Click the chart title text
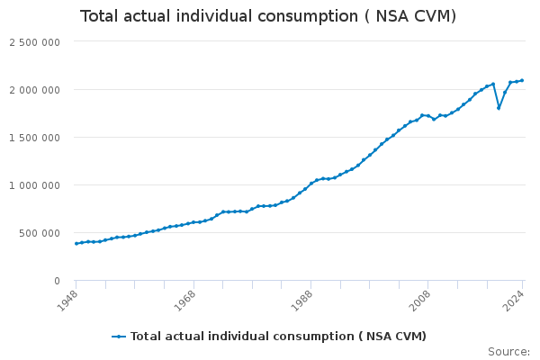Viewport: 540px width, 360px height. coord(268,17)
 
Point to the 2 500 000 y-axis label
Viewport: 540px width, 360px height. coord(34,42)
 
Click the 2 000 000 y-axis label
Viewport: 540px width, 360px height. coord(34,90)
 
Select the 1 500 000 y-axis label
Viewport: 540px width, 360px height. coord(34,138)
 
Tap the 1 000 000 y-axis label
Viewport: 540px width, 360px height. coord(34,185)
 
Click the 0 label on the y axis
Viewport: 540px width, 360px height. coord(57,281)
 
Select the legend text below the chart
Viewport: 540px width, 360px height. coord(278,337)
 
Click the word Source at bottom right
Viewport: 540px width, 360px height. coord(508,351)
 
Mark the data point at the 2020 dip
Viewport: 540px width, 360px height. coord(499,108)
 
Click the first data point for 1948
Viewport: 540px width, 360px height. coord(76,243)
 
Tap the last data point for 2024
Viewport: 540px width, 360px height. coord(522,80)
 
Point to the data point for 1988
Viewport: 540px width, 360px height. coord(311,184)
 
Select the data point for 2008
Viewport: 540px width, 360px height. coord(428,116)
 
